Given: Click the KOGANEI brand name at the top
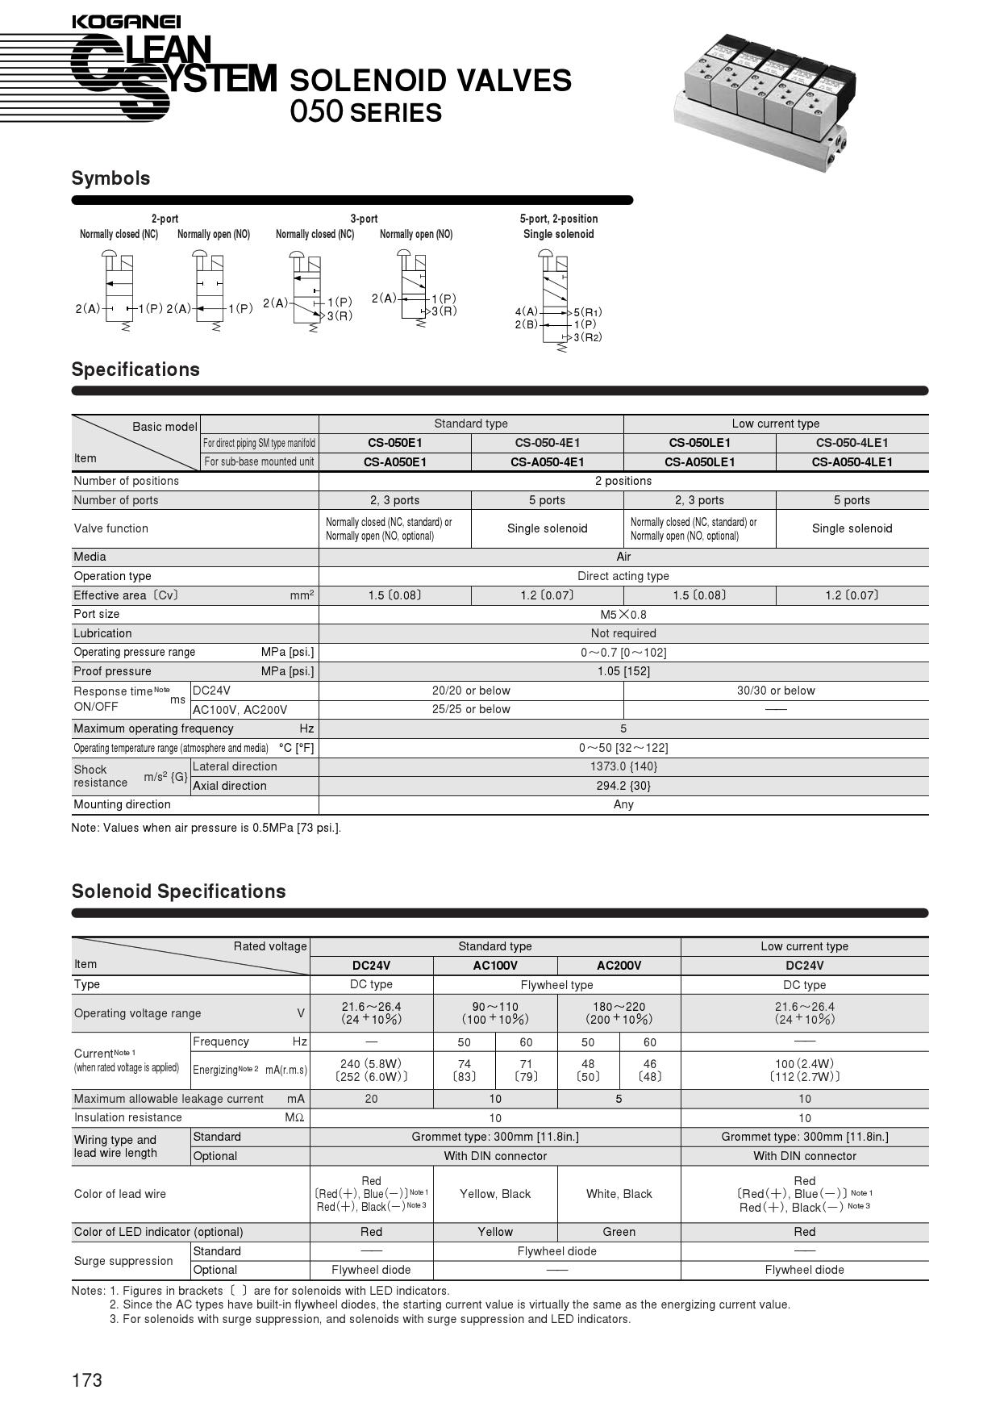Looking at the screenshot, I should point(126,23).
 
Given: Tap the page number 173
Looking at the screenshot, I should point(87,1380).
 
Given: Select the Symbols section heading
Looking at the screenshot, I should point(110,178).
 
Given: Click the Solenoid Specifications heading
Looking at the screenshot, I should point(178,891).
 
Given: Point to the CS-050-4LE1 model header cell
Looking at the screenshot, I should point(852,443).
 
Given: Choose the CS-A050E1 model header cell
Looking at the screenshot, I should point(394,462).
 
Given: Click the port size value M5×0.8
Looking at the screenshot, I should point(623,615).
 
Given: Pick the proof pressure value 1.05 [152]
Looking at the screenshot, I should point(623,671).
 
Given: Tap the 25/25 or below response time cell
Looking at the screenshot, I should point(471,710).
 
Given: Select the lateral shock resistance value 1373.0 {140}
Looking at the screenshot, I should point(623,767).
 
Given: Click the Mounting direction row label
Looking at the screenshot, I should point(122,804).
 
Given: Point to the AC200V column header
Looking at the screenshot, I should point(619,966).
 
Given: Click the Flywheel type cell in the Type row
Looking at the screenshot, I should point(556,985).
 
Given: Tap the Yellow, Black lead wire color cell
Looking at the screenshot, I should point(495,1194).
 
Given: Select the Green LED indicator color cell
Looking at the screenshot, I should point(619,1232).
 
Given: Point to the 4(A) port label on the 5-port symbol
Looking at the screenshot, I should point(526,311).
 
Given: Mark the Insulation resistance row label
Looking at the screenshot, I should point(127,1117).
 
